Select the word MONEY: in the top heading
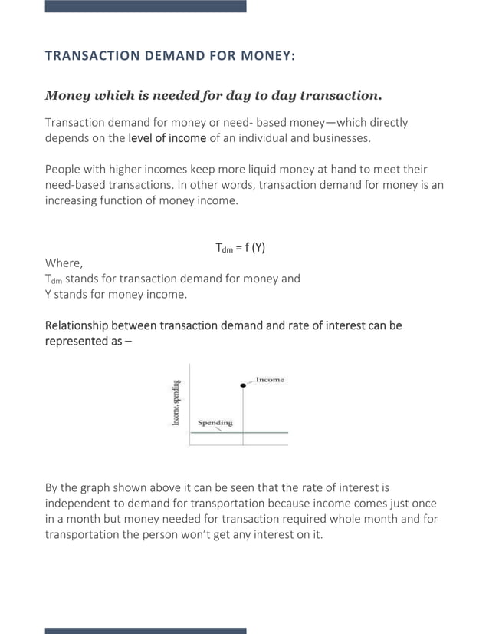tap(267, 56)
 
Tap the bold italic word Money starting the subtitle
tap(67, 96)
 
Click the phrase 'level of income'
tap(167, 137)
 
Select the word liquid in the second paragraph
tap(238, 169)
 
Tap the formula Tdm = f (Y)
tap(240, 247)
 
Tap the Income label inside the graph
tap(269, 379)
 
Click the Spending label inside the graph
tap(215, 423)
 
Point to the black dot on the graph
tap(244, 383)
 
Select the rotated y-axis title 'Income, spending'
tap(176, 403)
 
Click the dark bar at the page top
tap(146, 6)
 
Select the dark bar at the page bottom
tap(146, 630)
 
